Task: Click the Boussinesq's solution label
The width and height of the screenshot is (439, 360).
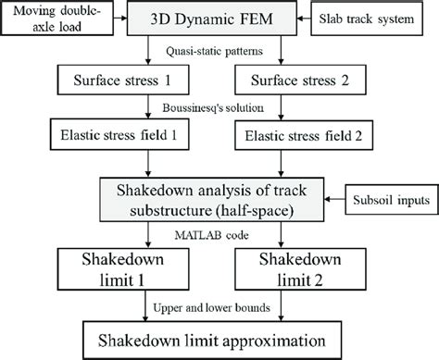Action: click(219, 107)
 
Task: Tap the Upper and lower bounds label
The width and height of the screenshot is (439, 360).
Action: click(219, 302)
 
